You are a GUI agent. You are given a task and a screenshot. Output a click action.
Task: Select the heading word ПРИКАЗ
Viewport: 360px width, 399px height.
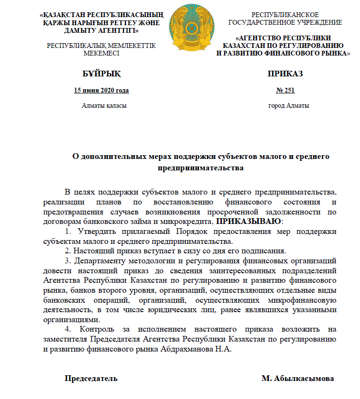pyautogui.click(x=285, y=74)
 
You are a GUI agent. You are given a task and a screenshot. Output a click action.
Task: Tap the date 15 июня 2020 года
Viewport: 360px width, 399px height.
pyautogui.click(x=102, y=90)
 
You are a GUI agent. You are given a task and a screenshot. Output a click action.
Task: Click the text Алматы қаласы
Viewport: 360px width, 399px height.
pyautogui.click(x=104, y=106)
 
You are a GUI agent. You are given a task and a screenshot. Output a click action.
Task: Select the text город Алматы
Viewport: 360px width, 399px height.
pyautogui.click(x=289, y=106)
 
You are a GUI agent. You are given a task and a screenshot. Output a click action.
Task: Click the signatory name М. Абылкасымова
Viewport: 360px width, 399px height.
pyautogui.click(x=297, y=379)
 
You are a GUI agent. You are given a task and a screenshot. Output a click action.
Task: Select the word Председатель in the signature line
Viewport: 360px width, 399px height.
pyautogui.click(x=91, y=379)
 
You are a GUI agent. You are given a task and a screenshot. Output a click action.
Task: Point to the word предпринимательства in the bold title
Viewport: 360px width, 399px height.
pyautogui.click(x=200, y=168)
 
